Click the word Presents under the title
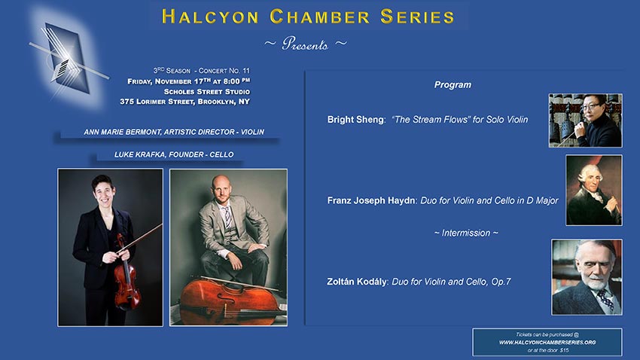coord(305,44)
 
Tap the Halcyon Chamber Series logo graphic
coord(67,59)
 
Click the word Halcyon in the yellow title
coord(210,17)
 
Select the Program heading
coord(453,85)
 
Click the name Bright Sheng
coord(355,120)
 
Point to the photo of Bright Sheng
coord(585,121)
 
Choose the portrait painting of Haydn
coord(594,191)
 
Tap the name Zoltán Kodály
coord(356,282)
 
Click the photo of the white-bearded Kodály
coord(587,277)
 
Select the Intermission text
coord(466,233)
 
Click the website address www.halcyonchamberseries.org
coord(547,343)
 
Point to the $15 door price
coord(564,350)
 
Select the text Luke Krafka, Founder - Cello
coord(174,154)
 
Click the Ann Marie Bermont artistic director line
coord(174,132)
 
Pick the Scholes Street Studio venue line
coord(207,92)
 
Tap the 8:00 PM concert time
coord(236,81)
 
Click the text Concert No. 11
coord(224,71)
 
